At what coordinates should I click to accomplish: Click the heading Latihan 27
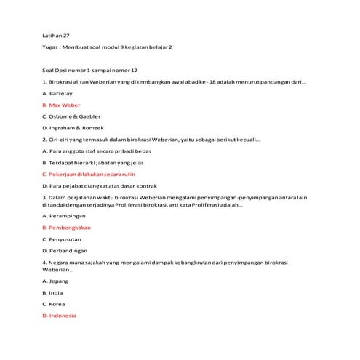tap(56, 35)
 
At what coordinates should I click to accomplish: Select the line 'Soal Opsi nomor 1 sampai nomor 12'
tap(89, 71)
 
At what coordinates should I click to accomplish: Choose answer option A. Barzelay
tap(57, 94)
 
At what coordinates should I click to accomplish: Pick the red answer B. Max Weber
tap(61, 105)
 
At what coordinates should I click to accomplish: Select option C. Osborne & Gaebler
tap(71, 116)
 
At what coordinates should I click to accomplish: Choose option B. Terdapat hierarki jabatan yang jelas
tap(93, 162)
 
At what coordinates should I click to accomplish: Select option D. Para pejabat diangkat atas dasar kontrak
tap(100, 185)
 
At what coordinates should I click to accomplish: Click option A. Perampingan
tap(64, 216)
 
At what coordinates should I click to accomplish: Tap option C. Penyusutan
tap(62, 239)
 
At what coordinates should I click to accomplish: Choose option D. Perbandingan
tap(65, 251)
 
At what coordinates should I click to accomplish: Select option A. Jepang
tap(56, 281)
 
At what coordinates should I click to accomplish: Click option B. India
tap(53, 292)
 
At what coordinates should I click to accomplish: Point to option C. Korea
tap(54, 304)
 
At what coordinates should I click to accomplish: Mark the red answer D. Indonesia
tap(59, 316)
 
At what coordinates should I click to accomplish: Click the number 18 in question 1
tap(212, 82)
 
